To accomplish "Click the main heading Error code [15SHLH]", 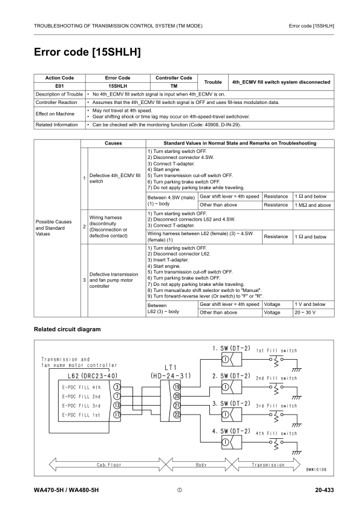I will tap(87, 53).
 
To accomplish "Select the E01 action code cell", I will tap(60, 86).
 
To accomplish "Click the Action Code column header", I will tap(60, 78).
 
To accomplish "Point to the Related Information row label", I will tap(57, 125).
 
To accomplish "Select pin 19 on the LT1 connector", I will tap(177, 386).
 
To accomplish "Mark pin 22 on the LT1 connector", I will tap(177, 415).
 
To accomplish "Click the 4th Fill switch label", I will tap(277, 433).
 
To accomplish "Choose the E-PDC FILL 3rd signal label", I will tap(81, 406).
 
